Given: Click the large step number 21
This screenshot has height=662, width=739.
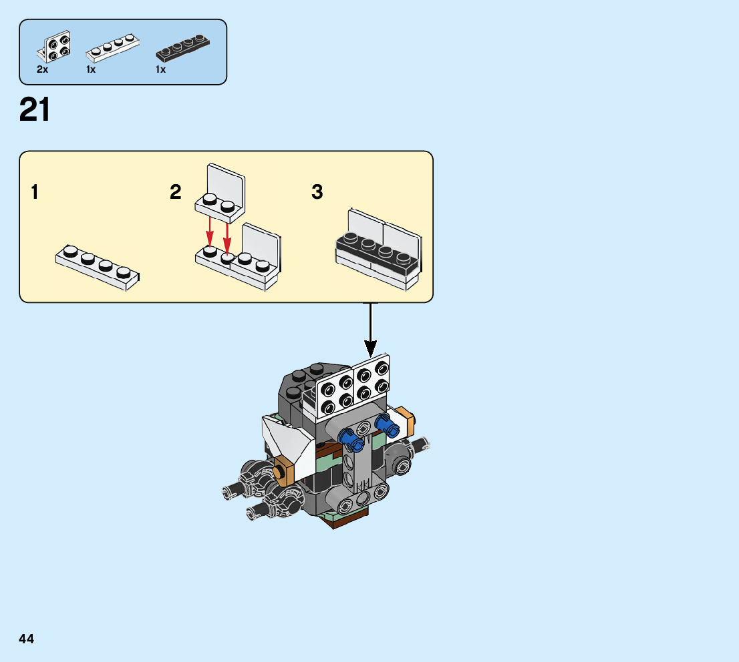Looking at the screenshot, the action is pos(35,110).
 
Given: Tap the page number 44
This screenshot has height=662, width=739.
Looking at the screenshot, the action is pos(27,639).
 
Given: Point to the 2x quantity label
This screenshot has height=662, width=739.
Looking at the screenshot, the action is pos(43,69).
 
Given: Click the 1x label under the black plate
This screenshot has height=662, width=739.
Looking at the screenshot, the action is pos(160,69).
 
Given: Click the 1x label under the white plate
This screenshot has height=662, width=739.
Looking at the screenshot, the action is pos(92,69).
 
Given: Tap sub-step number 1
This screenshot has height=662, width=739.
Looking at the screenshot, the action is pos(34,193).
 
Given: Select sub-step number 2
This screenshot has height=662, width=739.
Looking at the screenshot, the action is pos(176,193).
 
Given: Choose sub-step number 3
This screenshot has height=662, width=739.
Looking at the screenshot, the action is pos(317,193).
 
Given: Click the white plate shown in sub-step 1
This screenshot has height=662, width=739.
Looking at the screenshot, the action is pos(98,267).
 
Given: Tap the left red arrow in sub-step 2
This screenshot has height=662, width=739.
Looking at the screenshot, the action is pos(209,232).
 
